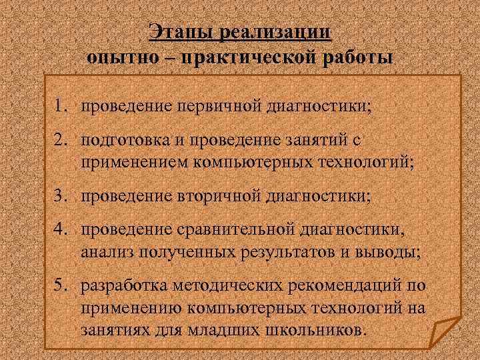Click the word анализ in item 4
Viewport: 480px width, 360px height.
[x=105, y=251]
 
